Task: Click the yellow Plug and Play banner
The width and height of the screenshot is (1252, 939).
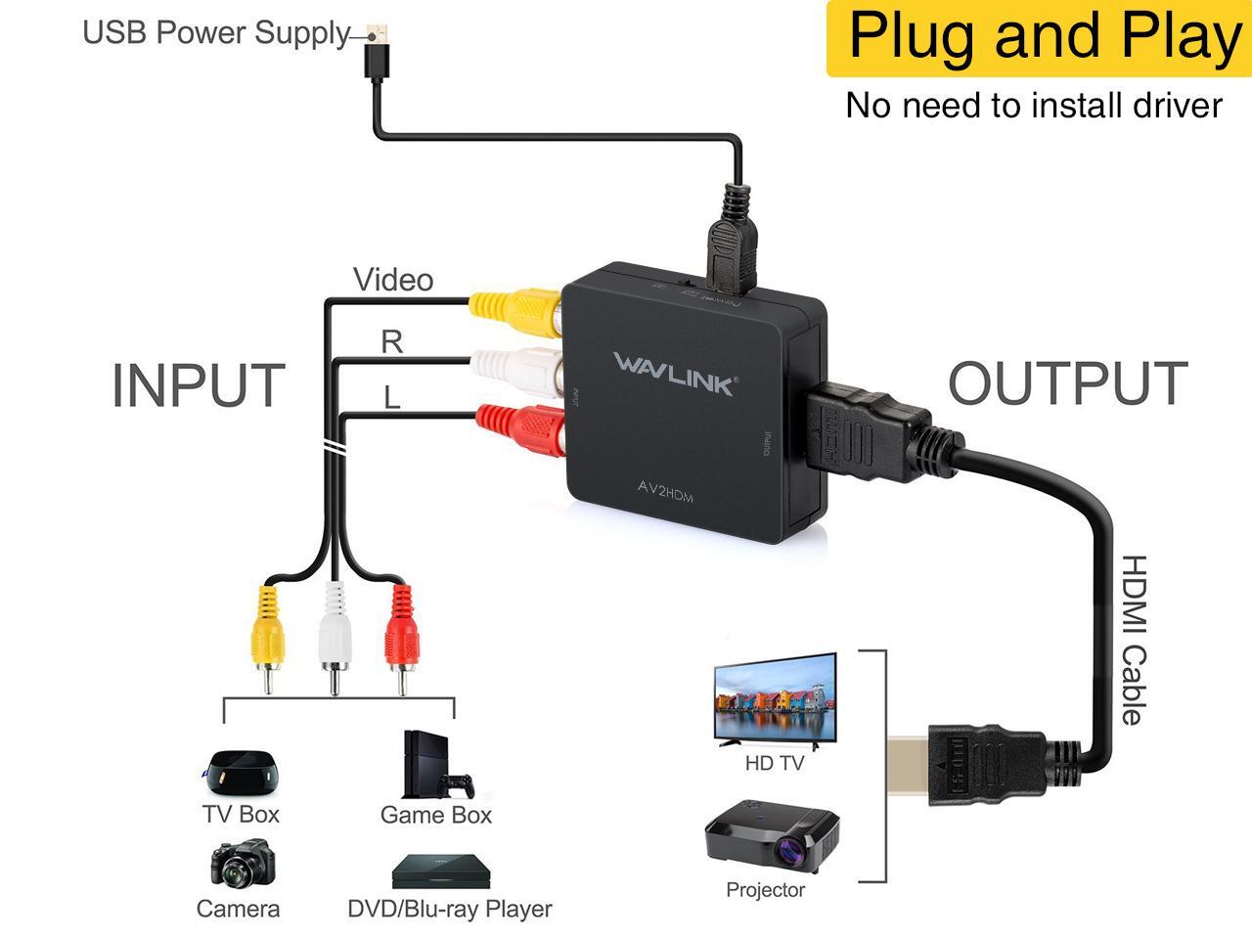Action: tap(1039, 38)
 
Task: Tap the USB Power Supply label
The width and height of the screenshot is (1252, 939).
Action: tap(215, 32)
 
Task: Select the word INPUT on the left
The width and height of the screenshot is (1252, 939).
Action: tap(198, 385)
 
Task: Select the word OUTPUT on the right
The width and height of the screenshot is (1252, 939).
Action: tap(1068, 383)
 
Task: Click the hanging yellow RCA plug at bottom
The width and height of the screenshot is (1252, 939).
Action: tap(266, 636)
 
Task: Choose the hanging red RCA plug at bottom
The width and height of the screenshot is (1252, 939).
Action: tap(401, 636)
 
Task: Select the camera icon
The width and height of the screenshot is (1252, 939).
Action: tap(238, 864)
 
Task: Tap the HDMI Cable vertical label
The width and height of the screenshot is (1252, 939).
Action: tap(1132, 641)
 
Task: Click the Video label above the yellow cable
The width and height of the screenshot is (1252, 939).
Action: tap(393, 281)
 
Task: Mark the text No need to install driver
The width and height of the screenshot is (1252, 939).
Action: tap(1034, 106)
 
